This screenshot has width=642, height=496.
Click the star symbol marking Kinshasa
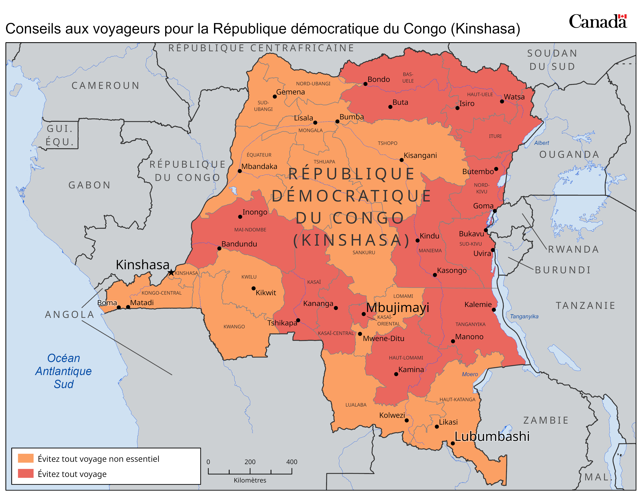(x=171, y=272)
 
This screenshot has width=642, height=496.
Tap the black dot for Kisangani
(x=402, y=160)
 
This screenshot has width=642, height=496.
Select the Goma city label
(x=483, y=206)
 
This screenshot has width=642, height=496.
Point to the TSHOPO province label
(x=387, y=143)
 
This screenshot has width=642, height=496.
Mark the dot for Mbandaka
(x=239, y=171)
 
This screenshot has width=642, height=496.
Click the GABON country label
(x=90, y=185)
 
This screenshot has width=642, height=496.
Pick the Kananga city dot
(x=336, y=308)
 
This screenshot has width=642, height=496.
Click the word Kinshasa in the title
(x=485, y=29)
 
